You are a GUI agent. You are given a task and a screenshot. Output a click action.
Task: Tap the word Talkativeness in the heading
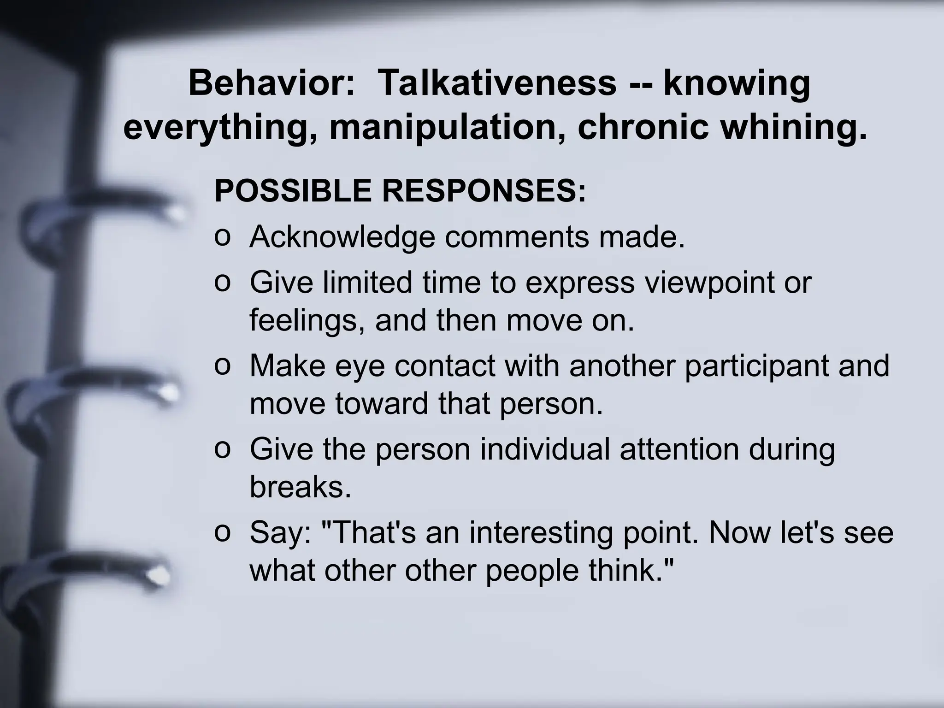tap(496, 84)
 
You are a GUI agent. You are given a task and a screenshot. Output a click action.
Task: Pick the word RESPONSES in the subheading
tap(484, 191)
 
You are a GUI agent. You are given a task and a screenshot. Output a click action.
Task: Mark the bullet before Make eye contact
tap(222, 366)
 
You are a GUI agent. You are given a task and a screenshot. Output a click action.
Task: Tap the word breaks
tap(300, 487)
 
